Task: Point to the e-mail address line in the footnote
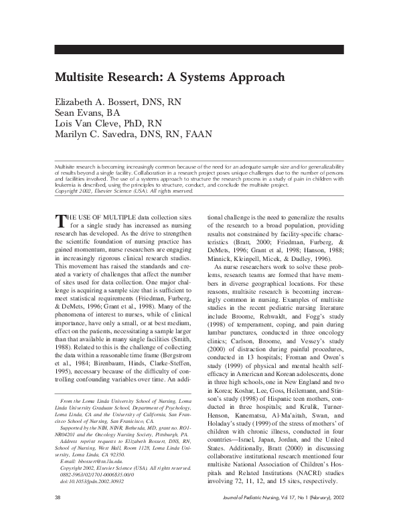[88, 462]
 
